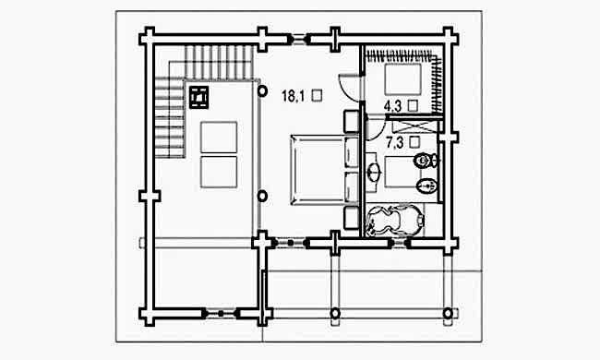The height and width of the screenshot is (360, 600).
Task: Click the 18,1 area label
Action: (294, 96)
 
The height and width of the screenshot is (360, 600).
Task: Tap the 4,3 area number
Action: (393, 106)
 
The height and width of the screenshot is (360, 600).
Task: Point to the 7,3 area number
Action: (394, 143)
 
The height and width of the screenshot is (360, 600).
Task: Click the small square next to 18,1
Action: (317, 95)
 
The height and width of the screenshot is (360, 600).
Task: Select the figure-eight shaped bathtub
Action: (395, 220)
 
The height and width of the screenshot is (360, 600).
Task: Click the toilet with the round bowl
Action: (426, 161)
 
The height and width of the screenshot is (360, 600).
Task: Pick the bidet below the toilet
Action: (426, 186)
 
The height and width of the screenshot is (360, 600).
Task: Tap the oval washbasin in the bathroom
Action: (374, 173)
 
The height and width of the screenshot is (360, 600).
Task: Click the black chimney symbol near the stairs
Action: (199, 97)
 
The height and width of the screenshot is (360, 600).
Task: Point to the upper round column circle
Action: (262, 91)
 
